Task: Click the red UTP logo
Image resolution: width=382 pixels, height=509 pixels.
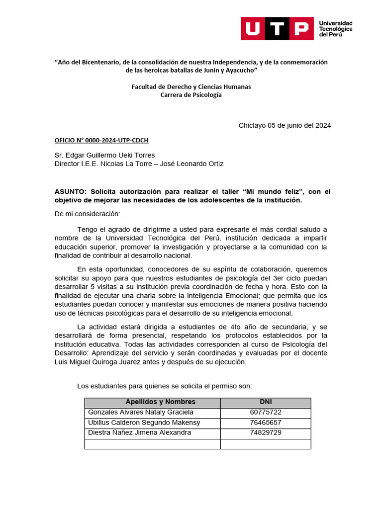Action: coord(277,29)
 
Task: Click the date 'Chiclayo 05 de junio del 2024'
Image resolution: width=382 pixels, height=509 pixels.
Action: coord(285,125)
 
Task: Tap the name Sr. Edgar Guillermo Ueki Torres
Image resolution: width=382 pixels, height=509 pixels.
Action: coord(104,155)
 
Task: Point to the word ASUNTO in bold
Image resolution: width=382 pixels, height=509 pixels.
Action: coord(71,192)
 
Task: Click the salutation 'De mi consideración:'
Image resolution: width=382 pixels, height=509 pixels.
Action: coord(87,214)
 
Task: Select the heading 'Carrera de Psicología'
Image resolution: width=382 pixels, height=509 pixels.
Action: coord(191,95)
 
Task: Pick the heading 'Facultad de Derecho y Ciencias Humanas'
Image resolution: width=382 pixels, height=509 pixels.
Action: coord(191,86)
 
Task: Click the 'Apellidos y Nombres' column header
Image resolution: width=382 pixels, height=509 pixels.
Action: coord(160,402)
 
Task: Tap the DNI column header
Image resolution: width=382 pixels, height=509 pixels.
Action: coord(266,402)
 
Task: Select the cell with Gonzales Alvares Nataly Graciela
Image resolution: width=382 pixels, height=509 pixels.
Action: coord(141,413)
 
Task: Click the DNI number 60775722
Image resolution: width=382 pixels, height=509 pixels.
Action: coord(266,413)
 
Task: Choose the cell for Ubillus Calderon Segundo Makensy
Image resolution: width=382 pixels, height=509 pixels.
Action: coord(144,423)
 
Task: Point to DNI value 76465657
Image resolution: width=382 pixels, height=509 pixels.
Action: coord(266,423)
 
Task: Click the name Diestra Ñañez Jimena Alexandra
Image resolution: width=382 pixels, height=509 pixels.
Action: coord(139,433)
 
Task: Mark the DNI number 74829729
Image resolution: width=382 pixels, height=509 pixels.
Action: coord(266,433)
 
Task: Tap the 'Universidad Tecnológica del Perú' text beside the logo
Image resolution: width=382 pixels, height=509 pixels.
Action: coord(335,29)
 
